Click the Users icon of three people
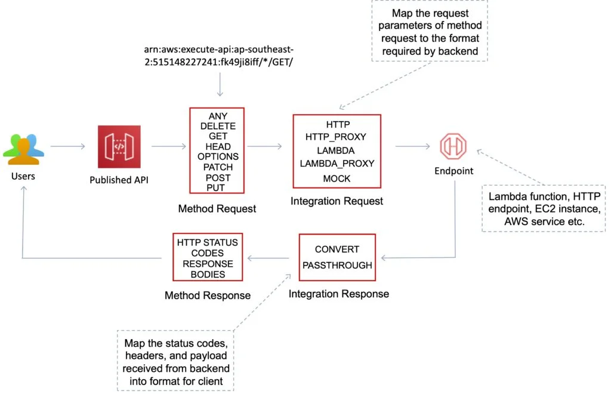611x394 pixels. tap(23, 149)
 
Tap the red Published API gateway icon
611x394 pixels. tap(118, 147)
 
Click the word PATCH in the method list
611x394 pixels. tap(218, 167)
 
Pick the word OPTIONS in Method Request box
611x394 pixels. tap(218, 156)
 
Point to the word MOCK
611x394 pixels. tap(337, 178)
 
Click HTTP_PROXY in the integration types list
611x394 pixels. tap(336, 137)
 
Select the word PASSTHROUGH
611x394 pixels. tap(337, 264)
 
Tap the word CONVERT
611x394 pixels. tap(337, 249)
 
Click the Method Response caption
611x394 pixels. tap(207, 295)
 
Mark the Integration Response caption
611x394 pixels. tap(338, 294)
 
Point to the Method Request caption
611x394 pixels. tap(217, 208)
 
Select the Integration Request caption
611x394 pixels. tap(337, 202)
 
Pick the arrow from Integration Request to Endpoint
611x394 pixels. tap(412, 146)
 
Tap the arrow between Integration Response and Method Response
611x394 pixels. tap(270, 258)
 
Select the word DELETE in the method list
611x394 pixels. tap(218, 126)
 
